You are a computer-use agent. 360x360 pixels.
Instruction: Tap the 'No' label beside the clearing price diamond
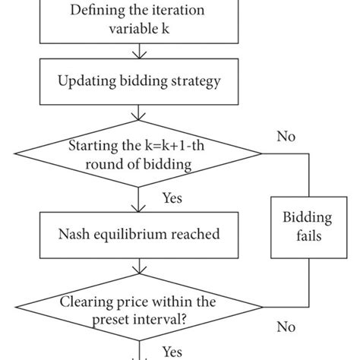pos(286,327)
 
